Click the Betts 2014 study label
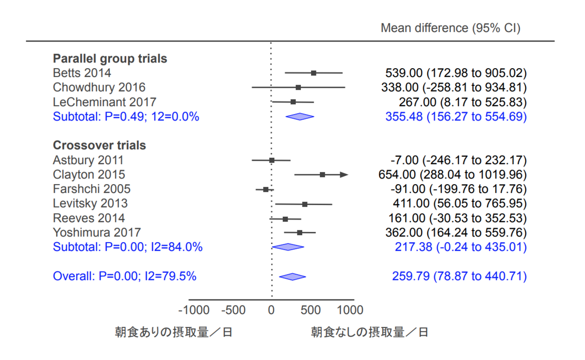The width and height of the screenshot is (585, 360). tap(82, 73)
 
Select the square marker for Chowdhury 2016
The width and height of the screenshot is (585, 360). tap(298, 87)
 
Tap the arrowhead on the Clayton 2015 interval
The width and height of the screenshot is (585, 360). tap(344, 174)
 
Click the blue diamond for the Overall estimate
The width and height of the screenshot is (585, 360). tap(292, 277)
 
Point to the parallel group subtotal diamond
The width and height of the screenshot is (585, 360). tap(299, 116)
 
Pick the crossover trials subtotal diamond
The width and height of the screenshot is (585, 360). tap(288, 247)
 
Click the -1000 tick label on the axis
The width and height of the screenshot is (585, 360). tap(194, 310)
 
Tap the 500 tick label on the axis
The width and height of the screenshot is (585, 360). tap(311, 310)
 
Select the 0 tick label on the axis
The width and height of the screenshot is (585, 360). tap(272, 310)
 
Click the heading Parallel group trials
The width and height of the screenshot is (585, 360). tap(110, 59)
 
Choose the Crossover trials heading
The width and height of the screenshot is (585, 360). tap(99, 145)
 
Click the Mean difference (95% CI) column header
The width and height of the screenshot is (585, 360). tap(450, 28)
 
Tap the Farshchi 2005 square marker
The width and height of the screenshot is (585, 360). tap(266, 189)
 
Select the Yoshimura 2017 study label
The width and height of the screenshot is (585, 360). tap(97, 232)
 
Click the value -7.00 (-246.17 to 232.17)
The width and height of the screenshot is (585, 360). tap(458, 160)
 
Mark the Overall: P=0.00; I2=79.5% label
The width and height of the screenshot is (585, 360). tap(124, 276)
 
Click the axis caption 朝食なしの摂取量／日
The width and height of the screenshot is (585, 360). tap(370, 333)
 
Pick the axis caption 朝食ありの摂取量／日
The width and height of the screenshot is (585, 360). tap(174, 333)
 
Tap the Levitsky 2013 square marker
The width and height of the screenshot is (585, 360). tap(305, 204)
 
